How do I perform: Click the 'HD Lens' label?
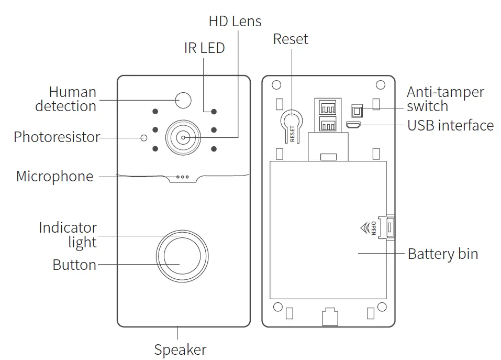[235, 21]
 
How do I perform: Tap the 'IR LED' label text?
[204, 48]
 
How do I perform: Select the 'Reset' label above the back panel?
[291, 39]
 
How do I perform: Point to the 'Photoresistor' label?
[57, 137]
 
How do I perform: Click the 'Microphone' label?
[54, 176]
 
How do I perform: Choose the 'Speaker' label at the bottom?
[180, 350]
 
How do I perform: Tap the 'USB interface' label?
[450, 125]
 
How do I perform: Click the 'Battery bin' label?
[442, 254]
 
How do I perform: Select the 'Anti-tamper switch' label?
[445, 99]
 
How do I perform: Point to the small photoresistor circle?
[144, 138]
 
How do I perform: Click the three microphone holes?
[183, 177]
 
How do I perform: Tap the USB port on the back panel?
[354, 125]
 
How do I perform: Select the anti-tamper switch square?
[357, 111]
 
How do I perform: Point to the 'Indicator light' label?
[68, 235]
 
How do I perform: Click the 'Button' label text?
[74, 265]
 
